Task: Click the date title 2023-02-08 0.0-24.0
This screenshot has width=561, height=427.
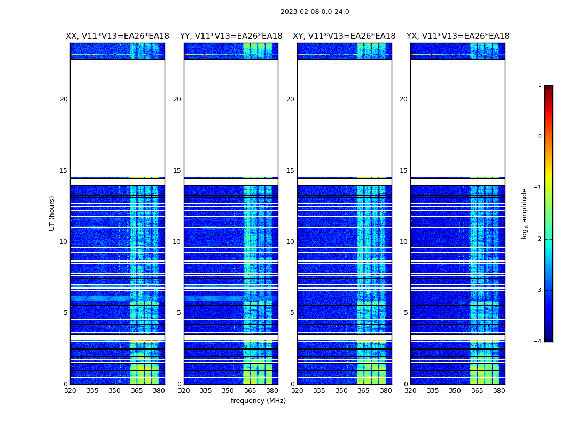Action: point(315,12)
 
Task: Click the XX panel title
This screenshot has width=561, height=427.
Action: point(118,36)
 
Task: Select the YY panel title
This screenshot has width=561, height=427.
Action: point(231,36)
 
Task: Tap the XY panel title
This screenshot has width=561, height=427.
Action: point(344,36)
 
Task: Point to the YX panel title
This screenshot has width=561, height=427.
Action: point(458,36)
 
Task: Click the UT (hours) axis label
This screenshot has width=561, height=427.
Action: point(52,213)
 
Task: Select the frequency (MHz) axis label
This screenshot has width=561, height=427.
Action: point(258,401)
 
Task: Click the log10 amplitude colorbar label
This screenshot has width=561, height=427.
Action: point(525,213)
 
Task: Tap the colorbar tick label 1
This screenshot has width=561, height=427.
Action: point(540,85)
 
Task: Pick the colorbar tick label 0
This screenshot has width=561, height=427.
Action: point(540,137)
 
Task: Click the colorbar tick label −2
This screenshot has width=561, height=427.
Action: point(539,239)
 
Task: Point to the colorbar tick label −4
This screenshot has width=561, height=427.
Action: point(539,342)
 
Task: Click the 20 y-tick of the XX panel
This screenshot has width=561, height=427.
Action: point(64,99)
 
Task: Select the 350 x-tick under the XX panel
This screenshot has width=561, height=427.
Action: point(114,391)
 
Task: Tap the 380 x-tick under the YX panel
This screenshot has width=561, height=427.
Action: point(499,391)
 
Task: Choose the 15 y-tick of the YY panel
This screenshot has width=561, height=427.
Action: point(177,171)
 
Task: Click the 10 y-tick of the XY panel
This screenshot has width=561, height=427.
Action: point(290,242)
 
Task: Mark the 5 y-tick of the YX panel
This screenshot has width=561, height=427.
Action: point(406,313)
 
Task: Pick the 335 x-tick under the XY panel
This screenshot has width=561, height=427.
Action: point(320,391)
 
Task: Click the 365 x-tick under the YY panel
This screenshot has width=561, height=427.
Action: point(251,391)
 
